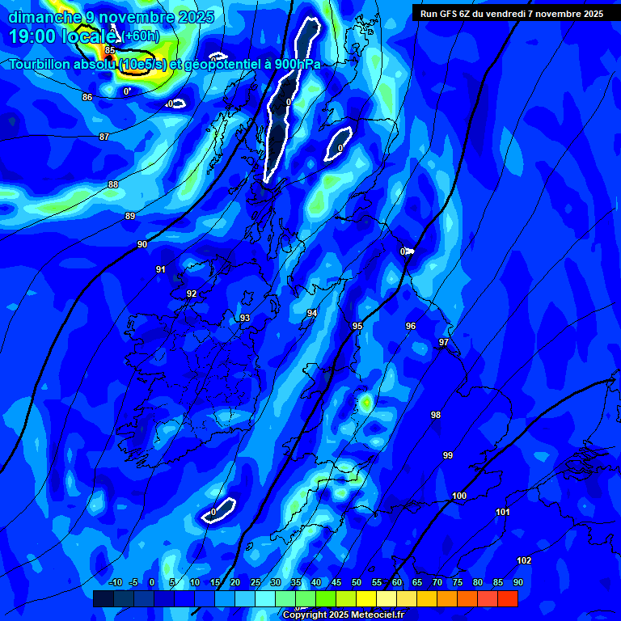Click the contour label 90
(x=142, y=244)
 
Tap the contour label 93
(x=244, y=318)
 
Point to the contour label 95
(x=357, y=326)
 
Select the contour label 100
(x=459, y=496)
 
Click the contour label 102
(x=524, y=560)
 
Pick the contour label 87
(x=104, y=137)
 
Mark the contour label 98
(x=436, y=415)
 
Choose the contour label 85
(x=110, y=50)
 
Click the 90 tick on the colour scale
(x=517, y=582)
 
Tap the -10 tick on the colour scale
(x=115, y=582)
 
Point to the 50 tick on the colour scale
(x=357, y=582)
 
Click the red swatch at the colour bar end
(x=507, y=598)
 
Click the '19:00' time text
(x=32, y=36)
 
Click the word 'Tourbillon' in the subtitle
(x=44, y=65)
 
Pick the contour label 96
(x=411, y=326)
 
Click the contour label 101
(x=503, y=512)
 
